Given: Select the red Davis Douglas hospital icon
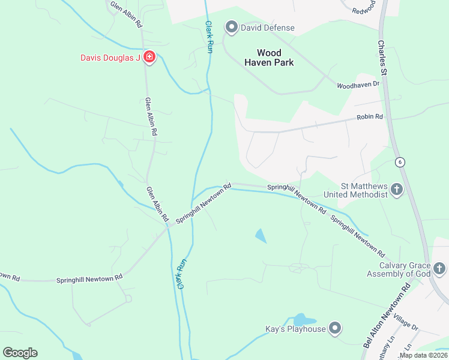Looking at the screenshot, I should pos(149,58).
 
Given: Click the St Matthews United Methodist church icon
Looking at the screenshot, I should pos(396,190).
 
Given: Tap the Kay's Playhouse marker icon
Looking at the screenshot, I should pos(335,328).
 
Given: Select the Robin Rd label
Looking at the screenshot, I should pos(369,118).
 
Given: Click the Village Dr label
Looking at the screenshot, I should pos(406,325).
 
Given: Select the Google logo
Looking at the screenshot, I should pos(20,353).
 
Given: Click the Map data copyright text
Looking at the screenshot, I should pos(423,355).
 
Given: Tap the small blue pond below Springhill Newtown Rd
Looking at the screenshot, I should pos(261,236).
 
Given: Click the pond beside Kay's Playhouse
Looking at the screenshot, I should pos(301,320).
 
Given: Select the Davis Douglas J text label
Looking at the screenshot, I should pos(110,58).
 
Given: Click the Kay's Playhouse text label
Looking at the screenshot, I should pos(295,329).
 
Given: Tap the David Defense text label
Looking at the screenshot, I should pos(268,28).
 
